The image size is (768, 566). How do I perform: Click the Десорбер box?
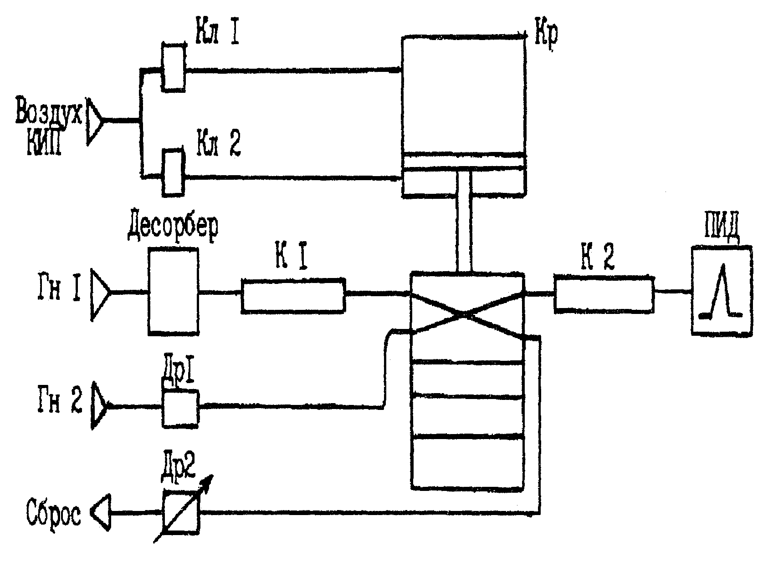tap(174, 291)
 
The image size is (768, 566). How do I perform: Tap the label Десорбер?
tap(173, 228)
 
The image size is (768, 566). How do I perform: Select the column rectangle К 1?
tap(293, 296)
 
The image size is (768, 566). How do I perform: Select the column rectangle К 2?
tap(604, 294)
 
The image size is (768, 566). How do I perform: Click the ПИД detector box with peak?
tap(722, 291)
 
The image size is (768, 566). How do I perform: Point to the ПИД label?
tap(722, 227)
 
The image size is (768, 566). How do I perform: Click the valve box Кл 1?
tap(174, 67)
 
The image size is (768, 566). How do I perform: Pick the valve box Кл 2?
tap(174, 173)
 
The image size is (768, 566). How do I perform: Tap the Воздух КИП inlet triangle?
tap(94, 121)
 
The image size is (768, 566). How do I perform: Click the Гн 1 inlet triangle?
tap(100, 295)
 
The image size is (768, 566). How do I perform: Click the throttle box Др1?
tap(180, 409)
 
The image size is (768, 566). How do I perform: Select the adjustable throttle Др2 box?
tap(181, 512)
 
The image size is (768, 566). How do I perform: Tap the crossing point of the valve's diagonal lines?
tap(465, 314)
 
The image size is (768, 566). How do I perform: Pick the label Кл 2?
tap(219, 142)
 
